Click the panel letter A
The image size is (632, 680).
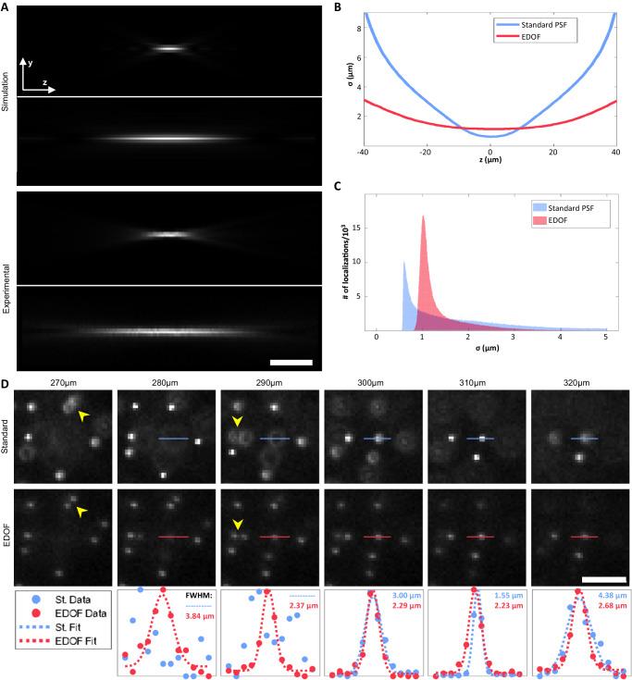(x=6, y=7)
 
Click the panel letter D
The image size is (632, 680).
(x=6, y=379)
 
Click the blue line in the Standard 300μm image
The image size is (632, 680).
(x=378, y=439)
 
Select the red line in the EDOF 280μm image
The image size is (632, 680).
(x=173, y=537)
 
